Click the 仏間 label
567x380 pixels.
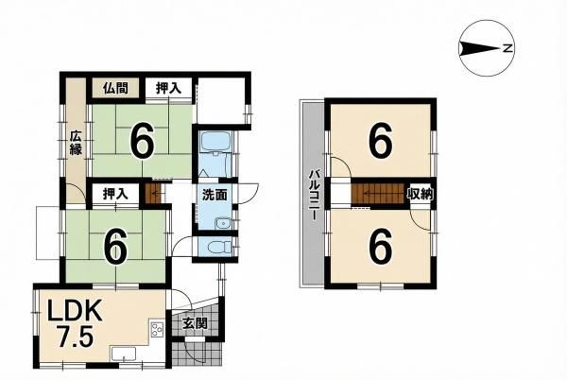click(115, 88)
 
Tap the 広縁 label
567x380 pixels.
click(76, 143)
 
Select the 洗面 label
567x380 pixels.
click(215, 196)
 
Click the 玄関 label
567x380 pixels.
click(195, 323)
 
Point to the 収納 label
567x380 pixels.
click(421, 194)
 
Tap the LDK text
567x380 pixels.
click(76, 313)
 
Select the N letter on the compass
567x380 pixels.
click(507, 48)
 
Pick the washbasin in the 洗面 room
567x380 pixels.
click(222, 224)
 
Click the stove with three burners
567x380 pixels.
click(157, 329)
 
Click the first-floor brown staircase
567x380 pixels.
click(152, 194)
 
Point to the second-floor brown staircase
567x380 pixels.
click(377, 194)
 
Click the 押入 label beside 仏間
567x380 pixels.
click(168, 88)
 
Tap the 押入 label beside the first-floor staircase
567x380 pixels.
click(115, 194)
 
